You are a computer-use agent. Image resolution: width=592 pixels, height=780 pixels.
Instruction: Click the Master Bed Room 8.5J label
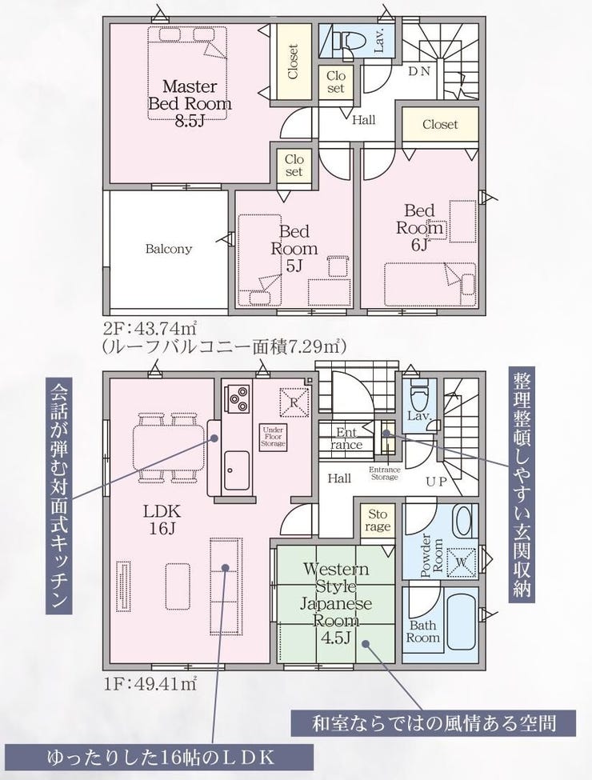tap(189, 103)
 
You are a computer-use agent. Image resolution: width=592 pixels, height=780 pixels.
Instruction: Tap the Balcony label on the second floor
tap(169, 249)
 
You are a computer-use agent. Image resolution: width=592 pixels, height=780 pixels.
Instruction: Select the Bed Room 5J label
tap(294, 248)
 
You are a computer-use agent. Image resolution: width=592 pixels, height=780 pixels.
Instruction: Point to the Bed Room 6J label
tap(418, 227)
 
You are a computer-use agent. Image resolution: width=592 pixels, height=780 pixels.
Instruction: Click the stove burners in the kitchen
tap(238, 397)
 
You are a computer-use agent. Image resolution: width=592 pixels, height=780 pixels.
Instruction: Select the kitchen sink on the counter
tap(236, 470)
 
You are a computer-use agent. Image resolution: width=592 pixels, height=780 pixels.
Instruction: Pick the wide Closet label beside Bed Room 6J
tap(440, 124)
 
